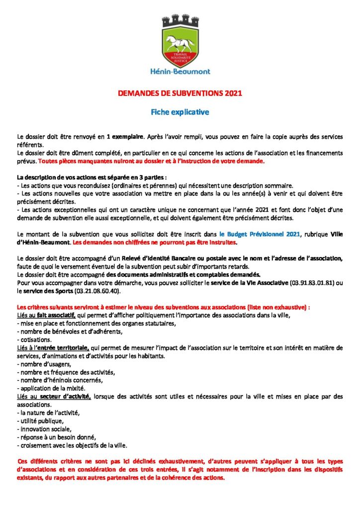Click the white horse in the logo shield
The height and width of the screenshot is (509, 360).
coord(180,40)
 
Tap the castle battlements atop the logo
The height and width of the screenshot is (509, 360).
coord(180,21)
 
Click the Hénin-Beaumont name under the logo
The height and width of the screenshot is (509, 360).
coord(180,71)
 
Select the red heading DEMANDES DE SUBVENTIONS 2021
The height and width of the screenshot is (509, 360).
coord(180,93)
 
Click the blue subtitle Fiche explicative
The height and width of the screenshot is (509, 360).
coord(180,112)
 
